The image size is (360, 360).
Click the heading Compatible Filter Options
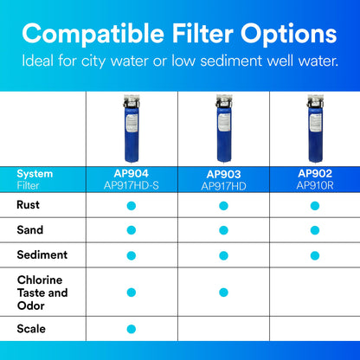[180, 35]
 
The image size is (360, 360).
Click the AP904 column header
[132, 173]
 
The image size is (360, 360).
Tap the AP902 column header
[314, 173]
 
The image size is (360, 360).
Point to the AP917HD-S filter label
[132, 185]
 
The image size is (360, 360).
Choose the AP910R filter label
[314, 185]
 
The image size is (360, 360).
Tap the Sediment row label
[41, 254]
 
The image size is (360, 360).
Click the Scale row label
[30, 329]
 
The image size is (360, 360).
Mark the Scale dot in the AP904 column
[132, 329]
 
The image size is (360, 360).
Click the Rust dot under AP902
[314, 206]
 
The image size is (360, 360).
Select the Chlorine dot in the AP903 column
[223, 292]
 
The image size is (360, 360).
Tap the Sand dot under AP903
[223, 230]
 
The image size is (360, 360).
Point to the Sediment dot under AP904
[132, 254]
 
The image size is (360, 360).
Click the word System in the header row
[35, 174]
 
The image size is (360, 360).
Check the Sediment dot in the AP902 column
[314, 254]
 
